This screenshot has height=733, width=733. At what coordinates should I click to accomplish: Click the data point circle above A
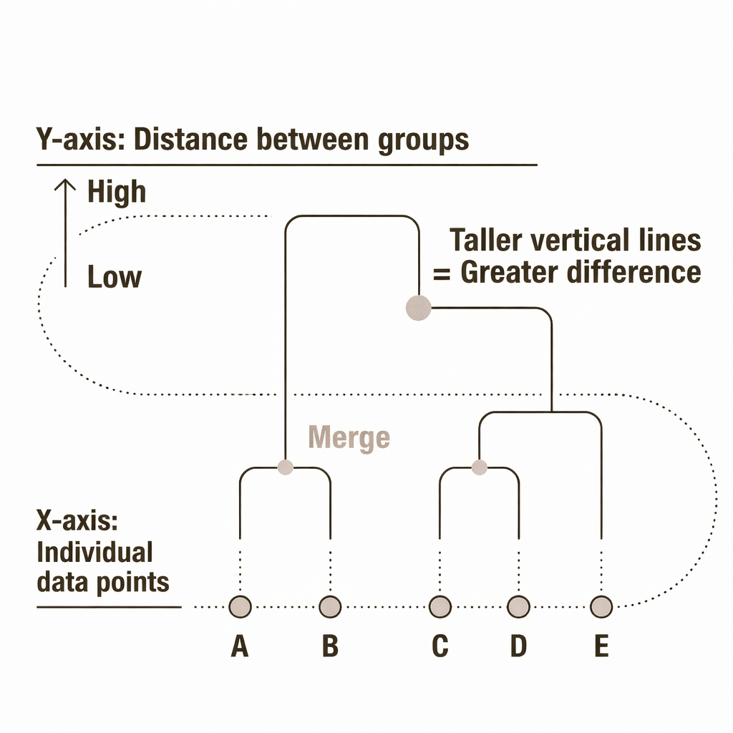pos(239,607)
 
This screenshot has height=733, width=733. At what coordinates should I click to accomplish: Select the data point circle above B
pos(329,607)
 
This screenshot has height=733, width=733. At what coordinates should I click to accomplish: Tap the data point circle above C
pos(440,607)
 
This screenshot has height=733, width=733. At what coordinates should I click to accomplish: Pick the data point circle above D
pos(518,607)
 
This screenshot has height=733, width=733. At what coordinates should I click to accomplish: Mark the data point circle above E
pos(601,607)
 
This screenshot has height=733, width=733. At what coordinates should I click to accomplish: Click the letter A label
pos(239,646)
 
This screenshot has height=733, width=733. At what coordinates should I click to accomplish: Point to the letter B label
pos(329,646)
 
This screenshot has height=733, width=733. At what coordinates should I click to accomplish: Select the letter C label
pos(440,646)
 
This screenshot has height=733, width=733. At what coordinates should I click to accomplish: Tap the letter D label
pos(518,646)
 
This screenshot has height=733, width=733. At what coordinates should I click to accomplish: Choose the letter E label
pos(601,646)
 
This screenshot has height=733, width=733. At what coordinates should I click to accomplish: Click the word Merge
pos(349,437)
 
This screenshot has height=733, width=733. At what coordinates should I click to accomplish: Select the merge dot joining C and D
pos(480,467)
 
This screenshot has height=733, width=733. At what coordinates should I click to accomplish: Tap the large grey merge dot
pos(418,308)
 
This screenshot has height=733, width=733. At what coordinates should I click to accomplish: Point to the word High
pos(117,193)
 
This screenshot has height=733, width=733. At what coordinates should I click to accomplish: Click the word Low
pos(115,277)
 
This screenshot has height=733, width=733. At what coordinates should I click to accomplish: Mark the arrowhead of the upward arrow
pos(65,184)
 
